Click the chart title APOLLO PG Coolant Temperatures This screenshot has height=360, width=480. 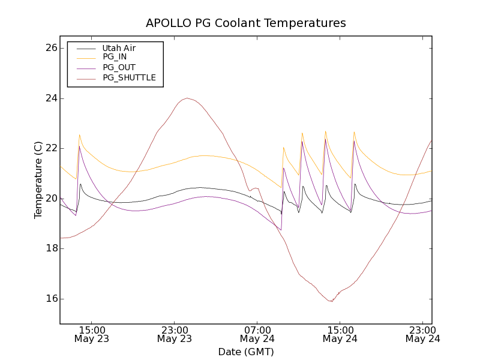coord(246,23)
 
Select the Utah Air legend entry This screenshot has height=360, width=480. coord(119,48)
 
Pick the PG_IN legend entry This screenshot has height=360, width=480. coord(115,57)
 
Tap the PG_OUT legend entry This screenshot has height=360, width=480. coord(119,67)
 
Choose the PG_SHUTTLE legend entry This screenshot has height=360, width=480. coord(129,77)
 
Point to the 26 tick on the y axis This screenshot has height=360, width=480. coord(50,48)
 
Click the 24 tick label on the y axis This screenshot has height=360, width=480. coord(50,98)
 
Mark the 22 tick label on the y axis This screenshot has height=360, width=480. coord(50,148)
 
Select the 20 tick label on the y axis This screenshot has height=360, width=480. coord(50,199)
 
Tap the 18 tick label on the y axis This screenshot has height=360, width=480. coord(50,248)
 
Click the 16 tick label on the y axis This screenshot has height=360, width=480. coord(50,299)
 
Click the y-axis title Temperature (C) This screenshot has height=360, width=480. coord(38,180)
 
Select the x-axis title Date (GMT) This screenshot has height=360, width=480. coord(246,352)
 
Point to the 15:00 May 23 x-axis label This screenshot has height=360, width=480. coord(92,334)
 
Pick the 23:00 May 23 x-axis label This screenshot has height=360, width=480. coord(175,334)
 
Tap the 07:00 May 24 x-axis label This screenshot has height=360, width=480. coord(258,334)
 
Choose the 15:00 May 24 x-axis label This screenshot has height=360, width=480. coord(340,334)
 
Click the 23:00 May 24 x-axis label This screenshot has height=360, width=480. coord(423,334)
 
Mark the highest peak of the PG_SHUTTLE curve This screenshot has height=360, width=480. coord(187,98)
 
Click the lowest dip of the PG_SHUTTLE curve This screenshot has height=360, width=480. coord(331,301)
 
